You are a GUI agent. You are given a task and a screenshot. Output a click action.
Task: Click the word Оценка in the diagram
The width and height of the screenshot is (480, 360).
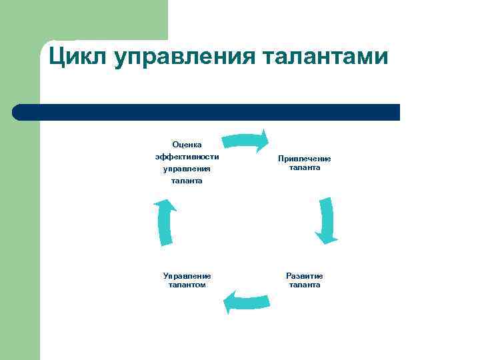187,144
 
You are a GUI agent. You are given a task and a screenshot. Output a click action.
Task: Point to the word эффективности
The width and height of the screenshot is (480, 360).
187,157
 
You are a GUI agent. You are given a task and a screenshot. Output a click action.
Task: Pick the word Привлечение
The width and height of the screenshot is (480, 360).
305,159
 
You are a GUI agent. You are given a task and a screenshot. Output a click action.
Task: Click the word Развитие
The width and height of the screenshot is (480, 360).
305,275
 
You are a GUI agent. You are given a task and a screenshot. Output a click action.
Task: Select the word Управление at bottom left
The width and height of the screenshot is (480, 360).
187,275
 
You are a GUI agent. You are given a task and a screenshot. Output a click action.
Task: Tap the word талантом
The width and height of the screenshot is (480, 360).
187,285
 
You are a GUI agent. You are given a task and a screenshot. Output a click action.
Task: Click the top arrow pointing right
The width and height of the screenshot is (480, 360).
243,141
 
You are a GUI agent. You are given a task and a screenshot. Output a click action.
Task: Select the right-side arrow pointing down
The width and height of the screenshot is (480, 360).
326,220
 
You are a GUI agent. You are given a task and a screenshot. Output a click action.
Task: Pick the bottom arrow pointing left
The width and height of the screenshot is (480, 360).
247,301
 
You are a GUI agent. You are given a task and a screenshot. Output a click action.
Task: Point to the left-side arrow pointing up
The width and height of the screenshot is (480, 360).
165,222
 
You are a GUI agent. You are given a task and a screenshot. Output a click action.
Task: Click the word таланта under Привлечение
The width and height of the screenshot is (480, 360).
305,167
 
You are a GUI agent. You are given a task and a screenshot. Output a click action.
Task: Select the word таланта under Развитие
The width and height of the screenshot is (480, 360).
305,285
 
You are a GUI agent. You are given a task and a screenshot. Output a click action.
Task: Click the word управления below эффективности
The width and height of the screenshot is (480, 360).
187,169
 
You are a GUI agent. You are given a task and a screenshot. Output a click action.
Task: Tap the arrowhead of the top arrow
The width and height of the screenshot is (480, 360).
263,141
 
